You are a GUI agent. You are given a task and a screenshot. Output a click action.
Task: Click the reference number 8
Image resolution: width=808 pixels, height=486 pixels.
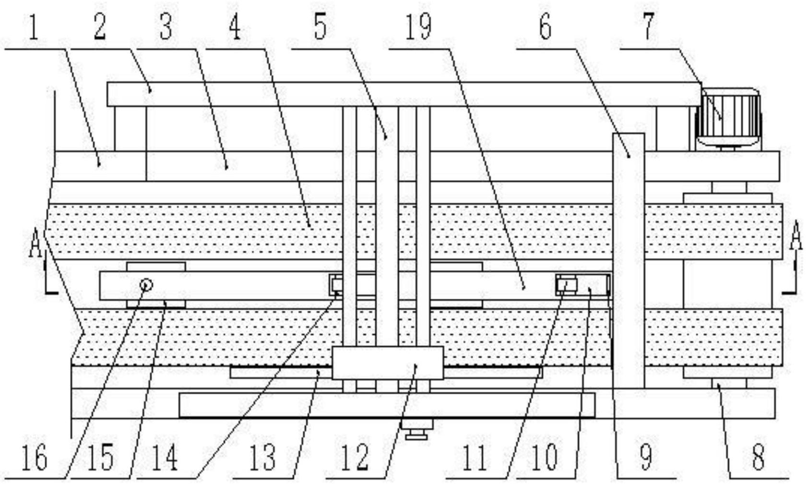(x=758, y=457)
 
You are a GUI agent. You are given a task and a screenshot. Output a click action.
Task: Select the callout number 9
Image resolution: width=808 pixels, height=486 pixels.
(x=645, y=457)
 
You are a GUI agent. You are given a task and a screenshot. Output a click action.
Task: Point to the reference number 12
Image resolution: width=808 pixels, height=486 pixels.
(x=355, y=457)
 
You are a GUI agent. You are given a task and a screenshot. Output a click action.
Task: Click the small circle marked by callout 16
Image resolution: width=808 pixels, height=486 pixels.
(x=146, y=285)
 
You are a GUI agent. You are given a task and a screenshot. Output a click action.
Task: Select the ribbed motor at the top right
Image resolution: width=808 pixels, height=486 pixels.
(x=729, y=117)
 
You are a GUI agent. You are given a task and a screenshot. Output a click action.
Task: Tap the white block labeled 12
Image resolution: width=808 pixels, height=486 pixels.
(x=387, y=363)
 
